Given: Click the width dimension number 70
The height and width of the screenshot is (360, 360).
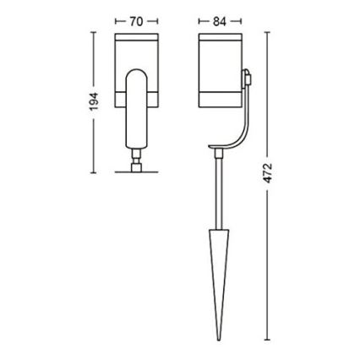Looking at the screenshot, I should (136, 19).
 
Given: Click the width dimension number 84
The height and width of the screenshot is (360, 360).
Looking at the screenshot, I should (219, 19).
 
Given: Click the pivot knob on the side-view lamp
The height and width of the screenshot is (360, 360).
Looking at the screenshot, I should (246, 79).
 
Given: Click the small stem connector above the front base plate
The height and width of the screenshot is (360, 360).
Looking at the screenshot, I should (136, 157).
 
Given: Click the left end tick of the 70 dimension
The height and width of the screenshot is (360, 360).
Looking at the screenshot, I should (116, 19).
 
